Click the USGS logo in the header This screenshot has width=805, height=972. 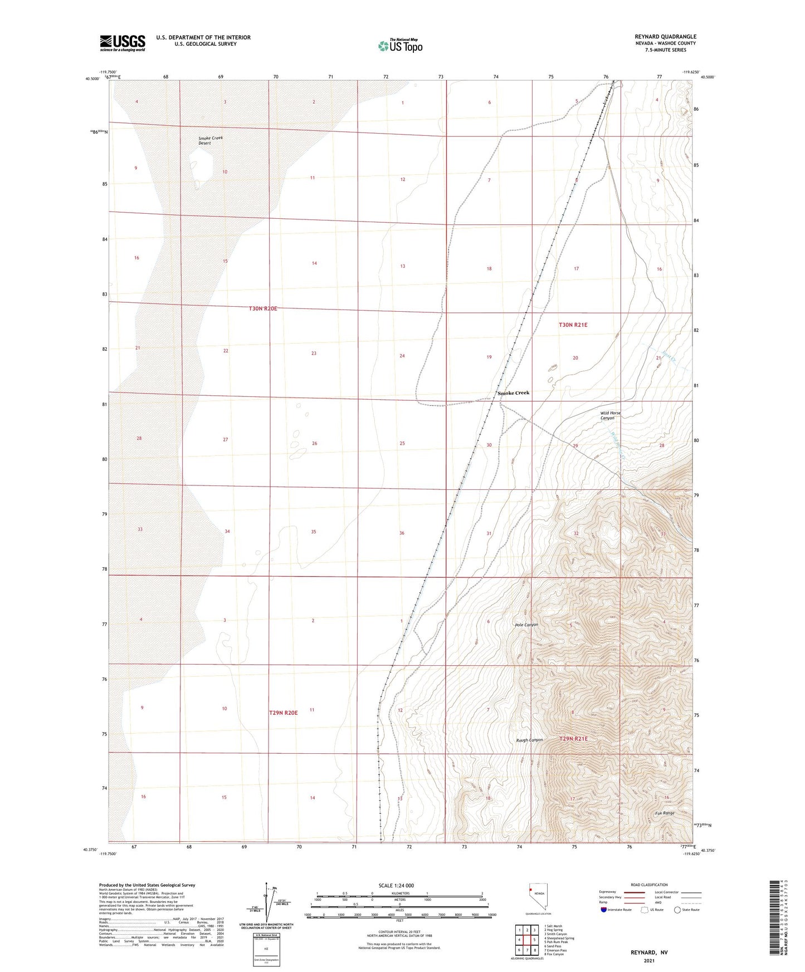122,43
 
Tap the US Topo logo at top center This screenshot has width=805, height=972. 400,46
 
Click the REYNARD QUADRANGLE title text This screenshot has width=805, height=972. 665,37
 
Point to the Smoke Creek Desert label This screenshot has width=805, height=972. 210,140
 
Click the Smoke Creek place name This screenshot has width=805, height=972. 513,393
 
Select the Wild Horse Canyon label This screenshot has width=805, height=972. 610,415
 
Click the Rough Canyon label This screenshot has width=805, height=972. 529,740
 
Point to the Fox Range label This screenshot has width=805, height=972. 665,813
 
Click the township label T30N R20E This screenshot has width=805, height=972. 263,308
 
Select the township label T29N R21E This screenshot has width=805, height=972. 573,739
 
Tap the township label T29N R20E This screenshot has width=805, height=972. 283,713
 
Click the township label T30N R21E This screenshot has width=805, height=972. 573,325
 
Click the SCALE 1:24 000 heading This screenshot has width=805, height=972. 396,885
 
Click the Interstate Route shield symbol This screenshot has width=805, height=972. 604,910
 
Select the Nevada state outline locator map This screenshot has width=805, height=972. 537,897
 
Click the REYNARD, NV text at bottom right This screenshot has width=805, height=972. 649,952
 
